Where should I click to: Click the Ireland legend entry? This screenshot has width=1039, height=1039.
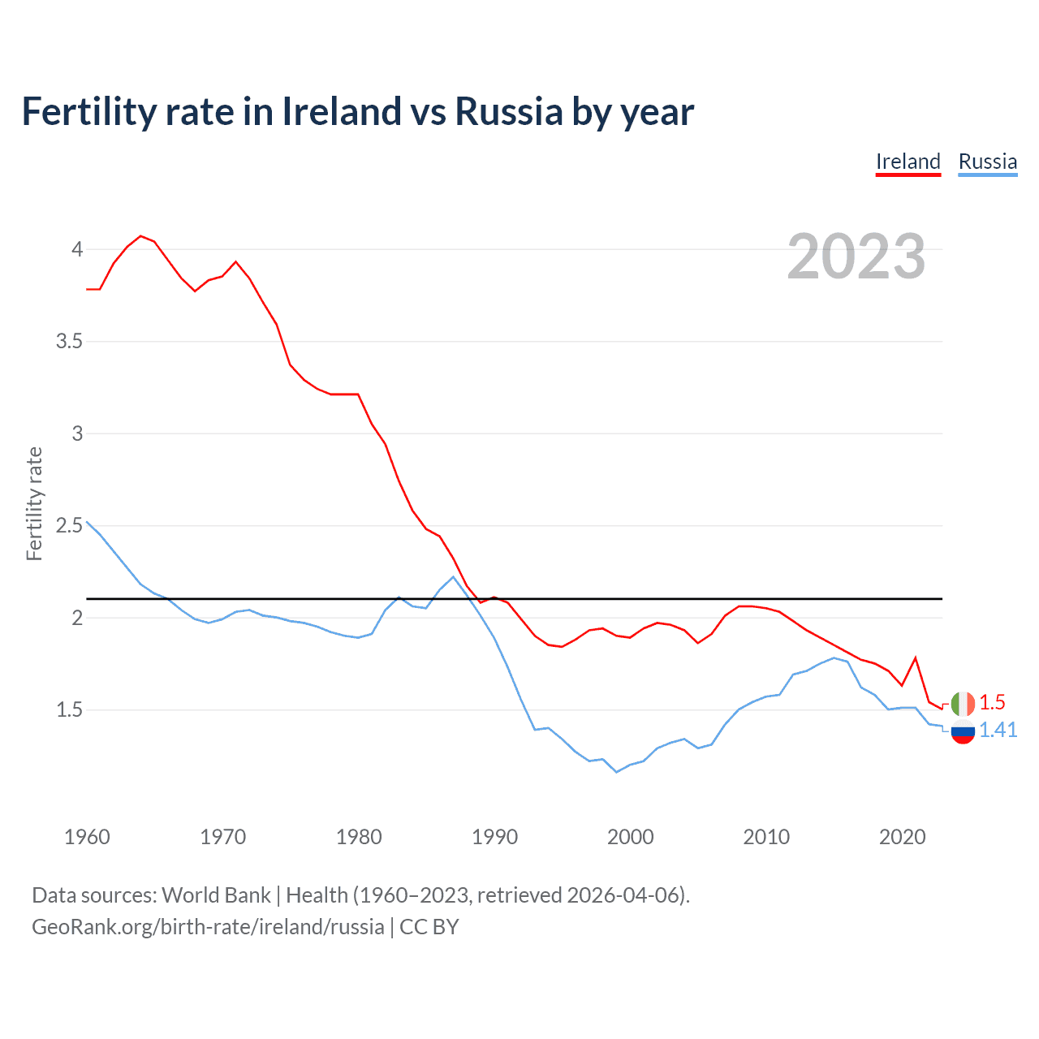pos(908,162)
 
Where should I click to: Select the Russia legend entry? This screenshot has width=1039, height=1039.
pos(987,162)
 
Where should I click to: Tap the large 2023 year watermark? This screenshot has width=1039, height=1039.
pos(856,257)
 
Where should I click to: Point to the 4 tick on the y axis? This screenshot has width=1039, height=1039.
pos(77,249)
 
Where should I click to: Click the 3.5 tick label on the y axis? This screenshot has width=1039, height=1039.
pos(70,341)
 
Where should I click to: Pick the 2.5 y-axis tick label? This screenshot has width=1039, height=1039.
pos(70,525)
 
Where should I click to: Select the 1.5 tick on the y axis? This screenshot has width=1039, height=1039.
pos(70,709)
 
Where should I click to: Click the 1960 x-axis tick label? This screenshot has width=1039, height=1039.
pos(87,837)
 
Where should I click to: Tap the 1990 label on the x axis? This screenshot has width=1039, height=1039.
pos(494,837)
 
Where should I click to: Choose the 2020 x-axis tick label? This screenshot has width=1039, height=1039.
pos(902,837)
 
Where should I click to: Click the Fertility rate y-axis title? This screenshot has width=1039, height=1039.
pos(34,503)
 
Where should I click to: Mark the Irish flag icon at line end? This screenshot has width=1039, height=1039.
pos(963,703)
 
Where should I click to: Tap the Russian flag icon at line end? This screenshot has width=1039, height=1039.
pos(963,731)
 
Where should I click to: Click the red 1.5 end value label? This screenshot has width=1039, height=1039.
pos(992,702)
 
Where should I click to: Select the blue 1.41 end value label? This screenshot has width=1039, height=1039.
pos(998,730)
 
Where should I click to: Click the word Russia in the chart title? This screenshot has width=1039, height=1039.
pos(508,111)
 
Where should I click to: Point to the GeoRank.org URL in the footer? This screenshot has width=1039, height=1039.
pos(208,926)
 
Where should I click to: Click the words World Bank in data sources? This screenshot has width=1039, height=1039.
pos(216,895)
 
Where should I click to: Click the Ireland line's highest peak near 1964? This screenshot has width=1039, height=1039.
pos(141,236)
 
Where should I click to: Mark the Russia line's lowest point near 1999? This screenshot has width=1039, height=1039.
pos(617,772)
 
